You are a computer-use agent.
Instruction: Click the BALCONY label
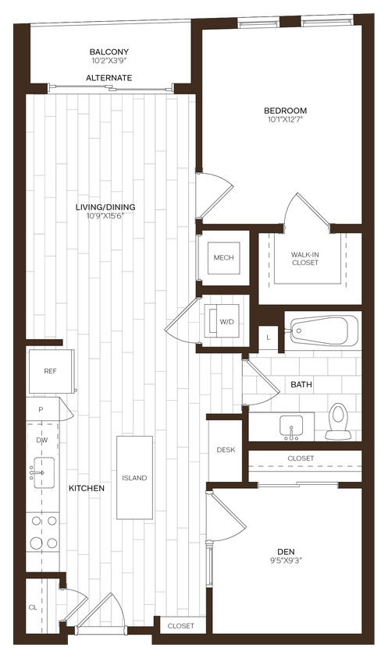pos(109,52)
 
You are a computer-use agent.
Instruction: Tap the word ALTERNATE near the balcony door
pos(109,78)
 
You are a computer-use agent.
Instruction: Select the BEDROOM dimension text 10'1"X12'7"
pos(285,120)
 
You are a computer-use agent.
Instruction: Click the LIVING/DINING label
pos(105,207)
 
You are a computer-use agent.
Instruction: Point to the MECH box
pos(223,258)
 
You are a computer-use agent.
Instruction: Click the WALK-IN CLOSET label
pos(304,258)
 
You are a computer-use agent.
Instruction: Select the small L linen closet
pos(268,337)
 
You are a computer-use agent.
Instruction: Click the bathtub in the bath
pos(322,331)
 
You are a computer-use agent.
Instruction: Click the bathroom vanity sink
pos(290,427)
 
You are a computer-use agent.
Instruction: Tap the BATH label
pos(301,385)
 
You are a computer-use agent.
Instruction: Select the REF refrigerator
pos(50,372)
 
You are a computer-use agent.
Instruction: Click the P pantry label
pos(40,409)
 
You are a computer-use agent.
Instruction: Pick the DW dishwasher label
pos(41,440)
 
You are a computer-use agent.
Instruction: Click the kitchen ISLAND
pos(134,477)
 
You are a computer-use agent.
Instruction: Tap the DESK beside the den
pos(226,450)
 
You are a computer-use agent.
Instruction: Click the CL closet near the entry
pos(33,606)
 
